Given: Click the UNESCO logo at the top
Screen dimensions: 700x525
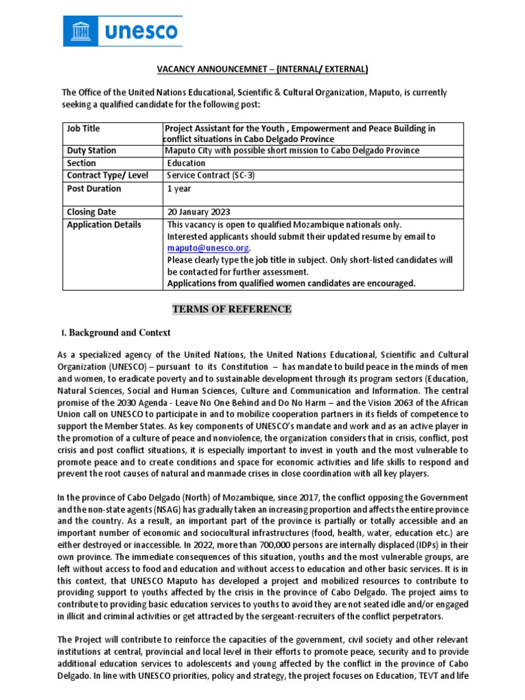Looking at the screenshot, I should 122,31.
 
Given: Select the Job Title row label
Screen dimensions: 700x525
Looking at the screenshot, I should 83,129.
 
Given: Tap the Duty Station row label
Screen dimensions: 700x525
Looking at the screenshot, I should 91,150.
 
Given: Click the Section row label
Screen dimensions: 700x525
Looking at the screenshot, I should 81,163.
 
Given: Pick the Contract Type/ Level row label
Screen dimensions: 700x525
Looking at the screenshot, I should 107,176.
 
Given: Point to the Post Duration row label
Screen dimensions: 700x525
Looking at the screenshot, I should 94,189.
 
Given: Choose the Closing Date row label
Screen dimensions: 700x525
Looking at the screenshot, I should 92,212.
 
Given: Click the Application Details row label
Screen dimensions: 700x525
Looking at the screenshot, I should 104,225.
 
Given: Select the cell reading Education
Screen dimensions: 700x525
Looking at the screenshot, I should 187,163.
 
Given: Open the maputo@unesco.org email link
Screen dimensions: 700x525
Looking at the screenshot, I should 208,248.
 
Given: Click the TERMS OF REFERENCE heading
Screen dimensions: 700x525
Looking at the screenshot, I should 232,310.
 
